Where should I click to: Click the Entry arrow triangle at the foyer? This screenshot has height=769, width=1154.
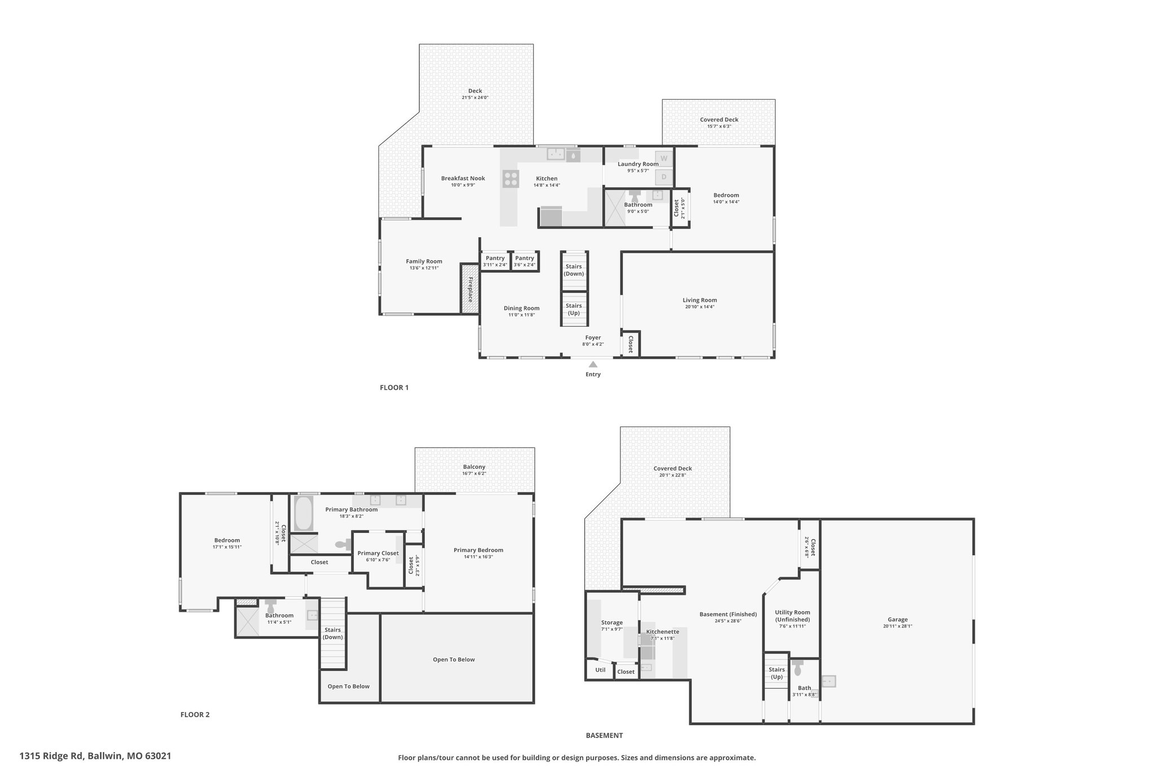coord(593,365)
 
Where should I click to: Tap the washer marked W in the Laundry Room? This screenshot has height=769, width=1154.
coord(664,158)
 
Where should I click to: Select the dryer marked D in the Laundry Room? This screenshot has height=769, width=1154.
coord(664,177)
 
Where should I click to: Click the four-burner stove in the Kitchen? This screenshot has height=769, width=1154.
coord(511,179)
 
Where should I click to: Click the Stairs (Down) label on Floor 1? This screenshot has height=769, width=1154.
coord(574,270)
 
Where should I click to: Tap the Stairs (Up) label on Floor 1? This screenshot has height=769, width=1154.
coord(574,309)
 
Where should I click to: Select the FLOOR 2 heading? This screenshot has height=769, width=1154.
coord(195,714)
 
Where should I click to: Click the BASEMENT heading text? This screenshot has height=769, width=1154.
coord(604,735)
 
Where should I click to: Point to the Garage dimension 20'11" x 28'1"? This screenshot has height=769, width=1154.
coord(898,626)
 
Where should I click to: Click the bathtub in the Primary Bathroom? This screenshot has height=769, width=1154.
coord(304,513)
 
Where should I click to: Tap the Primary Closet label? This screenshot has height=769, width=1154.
coord(378,553)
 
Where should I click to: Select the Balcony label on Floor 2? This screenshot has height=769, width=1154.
coord(474,466)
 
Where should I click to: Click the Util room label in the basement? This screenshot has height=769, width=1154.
coord(600,670)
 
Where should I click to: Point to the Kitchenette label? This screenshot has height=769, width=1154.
coord(663,632)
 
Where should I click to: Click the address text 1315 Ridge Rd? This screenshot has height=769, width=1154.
coord(52,756)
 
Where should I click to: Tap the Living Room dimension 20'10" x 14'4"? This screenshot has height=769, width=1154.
coord(700,307)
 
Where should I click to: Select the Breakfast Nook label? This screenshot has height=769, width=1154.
coord(463,178)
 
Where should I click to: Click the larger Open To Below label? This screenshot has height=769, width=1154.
coord(454,659)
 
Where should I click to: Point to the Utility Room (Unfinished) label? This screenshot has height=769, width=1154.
coord(792,616)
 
